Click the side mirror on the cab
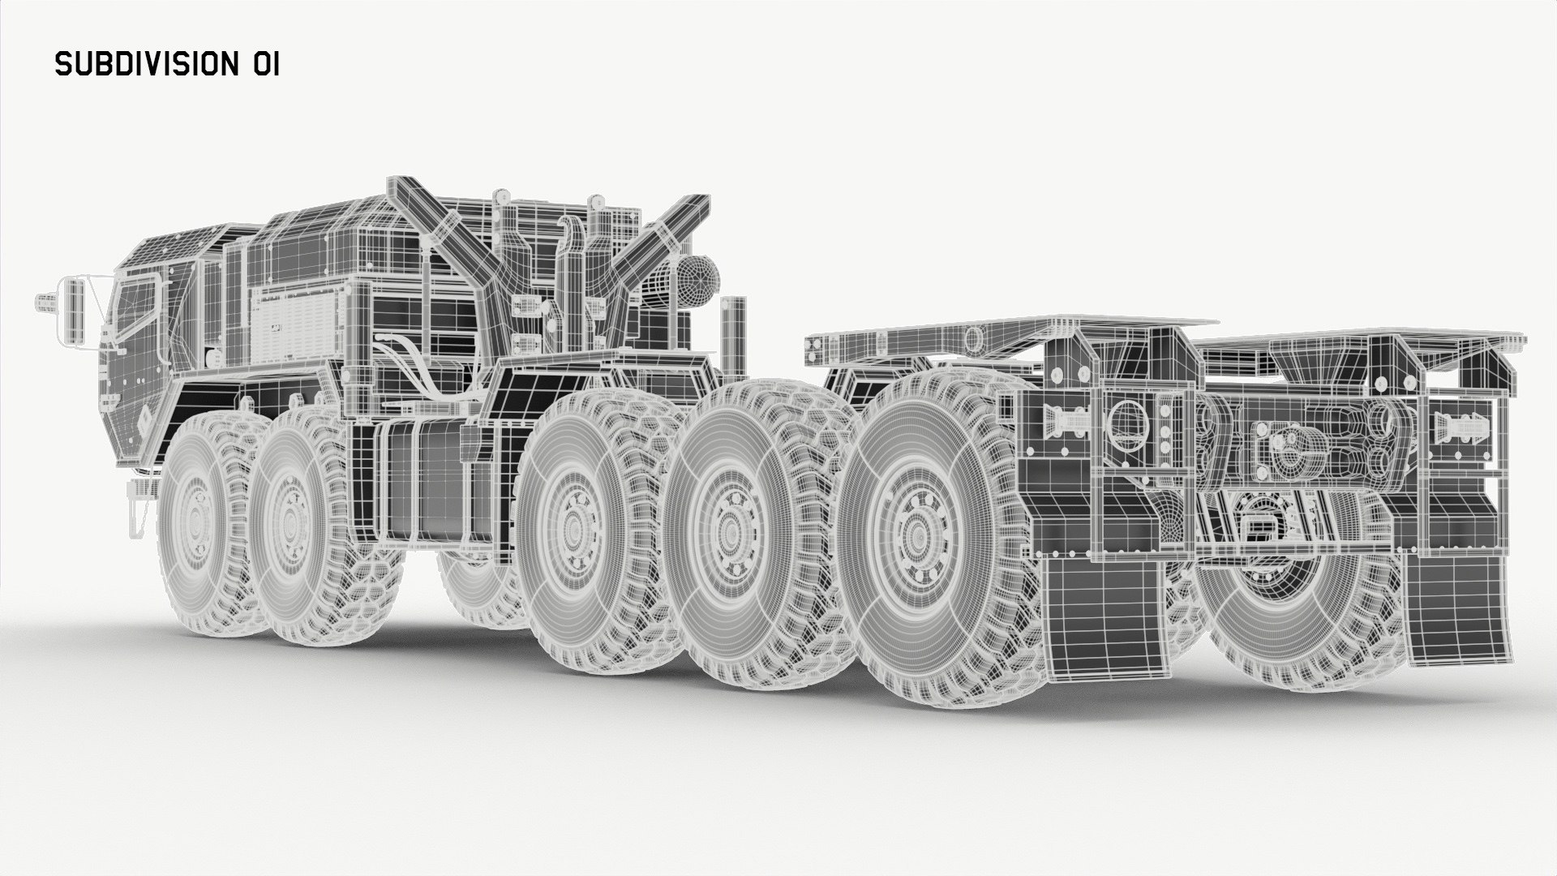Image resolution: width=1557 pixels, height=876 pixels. pyautogui.click(x=74, y=311)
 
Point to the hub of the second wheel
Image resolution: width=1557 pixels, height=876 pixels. pyautogui.click(x=289, y=514)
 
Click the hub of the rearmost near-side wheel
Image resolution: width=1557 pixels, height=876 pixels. pyautogui.click(x=915, y=535)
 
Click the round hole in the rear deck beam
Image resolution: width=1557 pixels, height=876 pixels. pyautogui.click(x=970, y=336)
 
